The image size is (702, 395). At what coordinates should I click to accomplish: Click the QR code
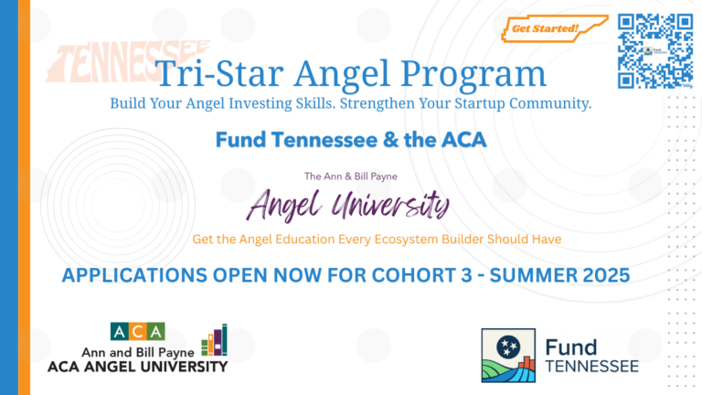coord(655,50)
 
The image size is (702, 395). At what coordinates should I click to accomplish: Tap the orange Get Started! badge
coord(554,28)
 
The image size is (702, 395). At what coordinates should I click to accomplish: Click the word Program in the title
coord(473,75)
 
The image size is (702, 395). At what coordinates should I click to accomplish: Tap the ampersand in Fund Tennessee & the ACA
coord(391,140)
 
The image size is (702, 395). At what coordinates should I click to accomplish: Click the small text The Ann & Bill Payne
coord(351,176)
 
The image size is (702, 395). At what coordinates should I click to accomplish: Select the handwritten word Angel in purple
coord(284,205)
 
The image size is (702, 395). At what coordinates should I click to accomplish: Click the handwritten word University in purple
coord(390,205)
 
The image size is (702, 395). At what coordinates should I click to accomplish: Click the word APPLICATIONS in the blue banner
coord(134,275)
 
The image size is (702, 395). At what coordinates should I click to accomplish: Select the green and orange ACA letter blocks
coord(137,331)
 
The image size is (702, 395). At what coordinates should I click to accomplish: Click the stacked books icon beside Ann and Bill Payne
coord(215,340)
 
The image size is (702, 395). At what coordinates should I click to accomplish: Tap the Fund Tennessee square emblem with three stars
coord(508,356)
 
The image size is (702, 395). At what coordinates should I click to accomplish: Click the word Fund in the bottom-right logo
coord(570,348)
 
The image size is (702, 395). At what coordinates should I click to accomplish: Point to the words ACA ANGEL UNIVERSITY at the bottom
coord(137,367)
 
